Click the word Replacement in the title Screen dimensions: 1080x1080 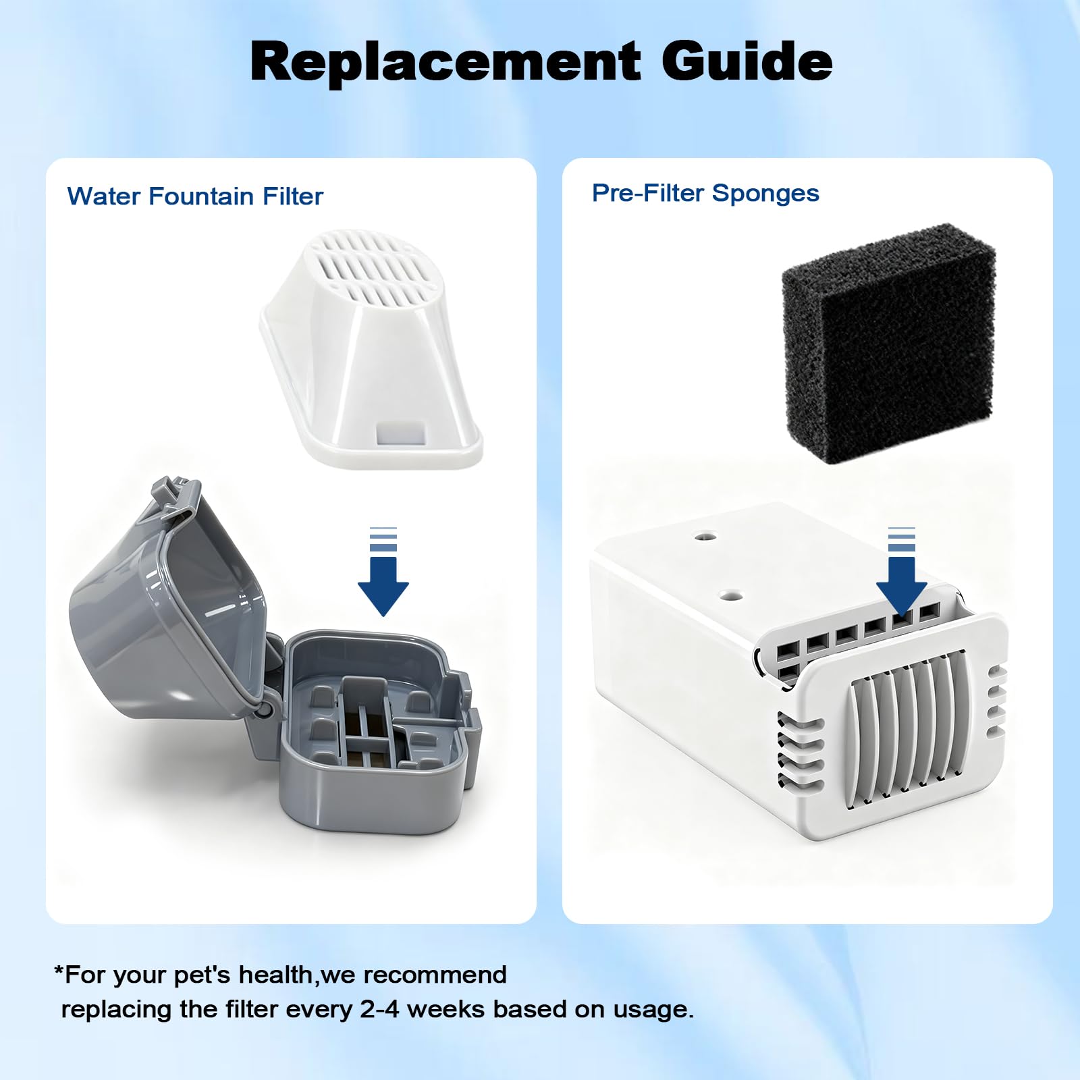(x=445, y=61)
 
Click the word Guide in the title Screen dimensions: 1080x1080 (x=747, y=61)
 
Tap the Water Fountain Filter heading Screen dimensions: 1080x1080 (x=195, y=196)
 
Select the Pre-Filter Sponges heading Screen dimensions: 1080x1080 (x=705, y=194)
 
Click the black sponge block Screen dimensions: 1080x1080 (x=888, y=344)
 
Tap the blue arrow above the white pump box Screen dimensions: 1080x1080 (x=902, y=571)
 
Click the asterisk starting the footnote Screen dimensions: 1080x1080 (x=59, y=970)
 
